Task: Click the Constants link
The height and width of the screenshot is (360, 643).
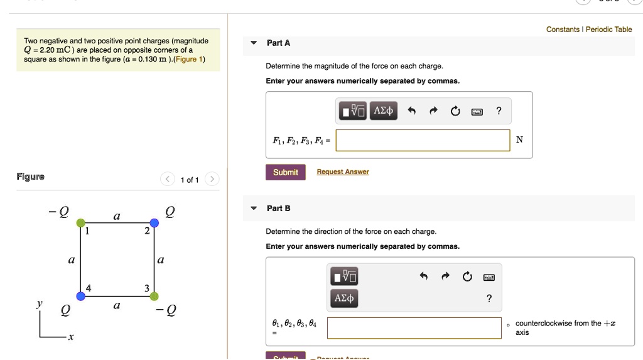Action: [563, 30]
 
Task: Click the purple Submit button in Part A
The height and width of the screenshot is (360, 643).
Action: [286, 172]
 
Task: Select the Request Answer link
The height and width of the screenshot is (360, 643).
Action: [342, 172]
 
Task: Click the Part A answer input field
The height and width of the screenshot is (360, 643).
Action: [423, 140]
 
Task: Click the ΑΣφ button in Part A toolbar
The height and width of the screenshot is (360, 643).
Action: [383, 111]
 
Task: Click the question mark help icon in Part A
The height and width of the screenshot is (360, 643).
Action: [499, 111]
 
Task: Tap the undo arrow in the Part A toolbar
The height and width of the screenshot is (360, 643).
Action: [412, 111]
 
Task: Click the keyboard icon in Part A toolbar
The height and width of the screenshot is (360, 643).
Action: [477, 112]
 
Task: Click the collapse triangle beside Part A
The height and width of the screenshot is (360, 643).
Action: [254, 43]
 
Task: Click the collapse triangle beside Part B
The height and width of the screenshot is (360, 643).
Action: [254, 208]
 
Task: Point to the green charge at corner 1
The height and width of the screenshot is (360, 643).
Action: [80, 223]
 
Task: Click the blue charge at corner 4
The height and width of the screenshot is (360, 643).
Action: [80, 296]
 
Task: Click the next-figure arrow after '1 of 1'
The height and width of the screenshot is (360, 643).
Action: [212, 180]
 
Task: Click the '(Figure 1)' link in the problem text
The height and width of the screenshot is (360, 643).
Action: [188, 59]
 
